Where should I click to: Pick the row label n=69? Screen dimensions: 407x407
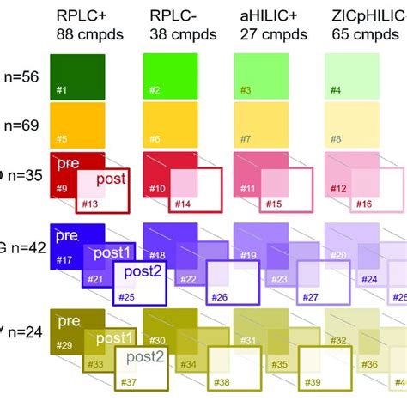tap(19, 125)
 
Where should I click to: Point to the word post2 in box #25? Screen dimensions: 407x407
tap(141, 272)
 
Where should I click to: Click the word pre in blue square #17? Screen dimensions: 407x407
tap(67, 234)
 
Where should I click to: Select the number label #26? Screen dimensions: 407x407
tap(219, 297)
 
